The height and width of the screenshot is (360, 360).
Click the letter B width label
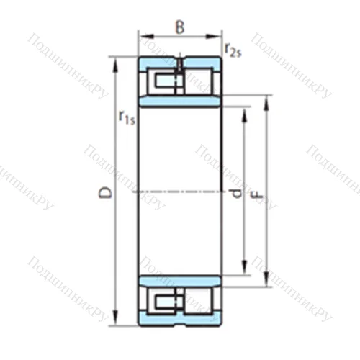[x=180, y=28]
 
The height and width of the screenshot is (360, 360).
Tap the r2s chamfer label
[x=233, y=49]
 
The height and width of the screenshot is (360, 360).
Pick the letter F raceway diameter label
[x=257, y=193]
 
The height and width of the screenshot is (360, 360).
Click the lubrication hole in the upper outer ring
[x=180, y=62]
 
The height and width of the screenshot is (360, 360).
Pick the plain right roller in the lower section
[x=197, y=302]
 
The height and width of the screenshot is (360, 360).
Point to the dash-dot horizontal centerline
[x=180, y=192]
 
